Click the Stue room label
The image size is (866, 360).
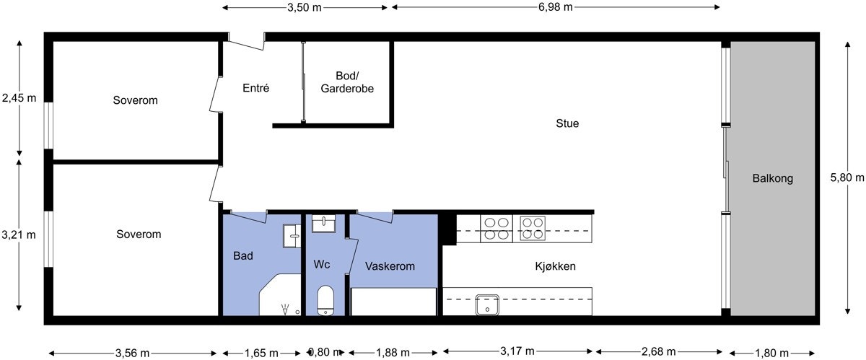pyautogui.click(x=567, y=123)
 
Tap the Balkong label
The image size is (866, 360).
pyautogui.click(x=772, y=178)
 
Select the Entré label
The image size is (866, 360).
pyautogui.click(x=255, y=89)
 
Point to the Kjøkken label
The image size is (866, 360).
pyautogui.click(x=555, y=266)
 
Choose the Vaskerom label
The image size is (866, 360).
pyautogui.click(x=390, y=266)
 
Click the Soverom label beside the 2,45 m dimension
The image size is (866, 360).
pyautogui.click(x=135, y=100)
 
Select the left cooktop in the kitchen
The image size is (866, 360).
pyautogui.click(x=496, y=228)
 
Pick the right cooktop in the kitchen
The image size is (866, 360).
pyautogui.click(x=533, y=228)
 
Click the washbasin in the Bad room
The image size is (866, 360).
pyautogui.click(x=292, y=232)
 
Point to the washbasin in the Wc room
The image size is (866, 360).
pyautogui.click(x=324, y=224)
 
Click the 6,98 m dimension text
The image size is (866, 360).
pyautogui.click(x=556, y=7)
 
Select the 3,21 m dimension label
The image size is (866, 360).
pyautogui.click(x=18, y=234)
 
